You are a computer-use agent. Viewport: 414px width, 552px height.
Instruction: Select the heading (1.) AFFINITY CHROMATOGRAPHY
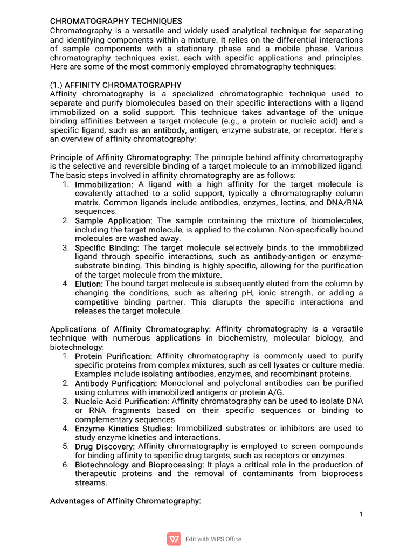pyautogui.click(x=115, y=85)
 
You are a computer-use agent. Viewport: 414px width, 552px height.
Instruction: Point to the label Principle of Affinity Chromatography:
pyautogui.click(x=121, y=157)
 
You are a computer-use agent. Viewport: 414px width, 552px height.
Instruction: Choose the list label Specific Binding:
pyautogui.click(x=107, y=247)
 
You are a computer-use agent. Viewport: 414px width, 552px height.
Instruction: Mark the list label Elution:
pyautogui.click(x=89, y=284)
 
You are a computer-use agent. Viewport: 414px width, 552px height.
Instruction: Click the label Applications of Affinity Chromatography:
pyautogui.click(x=130, y=329)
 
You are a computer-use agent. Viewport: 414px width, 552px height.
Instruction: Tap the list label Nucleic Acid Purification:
pyautogui.click(x=122, y=402)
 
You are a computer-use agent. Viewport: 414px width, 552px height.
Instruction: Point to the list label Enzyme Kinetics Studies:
pyautogui.click(x=120, y=429)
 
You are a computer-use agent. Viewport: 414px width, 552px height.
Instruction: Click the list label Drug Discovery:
pyautogui.click(x=105, y=446)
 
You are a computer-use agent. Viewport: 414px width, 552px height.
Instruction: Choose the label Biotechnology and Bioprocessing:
pyautogui.click(x=139, y=465)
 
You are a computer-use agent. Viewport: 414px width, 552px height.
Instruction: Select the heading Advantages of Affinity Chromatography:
pyautogui.click(x=125, y=501)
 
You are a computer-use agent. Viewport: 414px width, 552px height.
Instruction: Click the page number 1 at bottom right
pyautogui.click(x=361, y=514)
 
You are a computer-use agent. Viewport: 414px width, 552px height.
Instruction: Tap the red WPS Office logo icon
pyautogui.click(x=174, y=539)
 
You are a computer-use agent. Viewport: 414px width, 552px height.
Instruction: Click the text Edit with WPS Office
pyautogui.click(x=213, y=539)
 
